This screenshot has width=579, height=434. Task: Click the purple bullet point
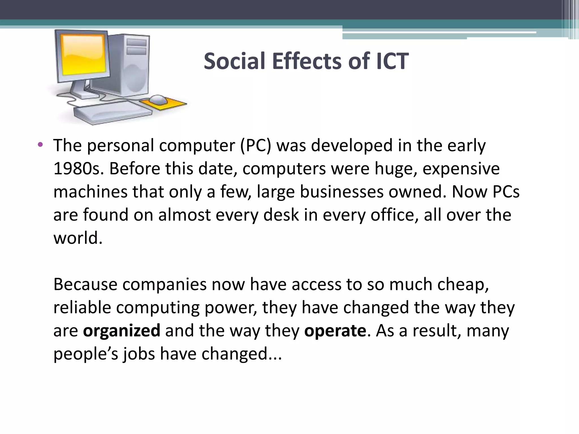[40, 145]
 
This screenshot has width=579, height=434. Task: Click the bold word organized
[122, 331]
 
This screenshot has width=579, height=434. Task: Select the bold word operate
[335, 331]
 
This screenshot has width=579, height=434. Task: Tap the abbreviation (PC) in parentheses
[256, 146]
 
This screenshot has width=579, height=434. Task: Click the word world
[78, 238]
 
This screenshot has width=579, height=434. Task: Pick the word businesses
[342, 192]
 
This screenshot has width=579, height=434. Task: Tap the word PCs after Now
[506, 192]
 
